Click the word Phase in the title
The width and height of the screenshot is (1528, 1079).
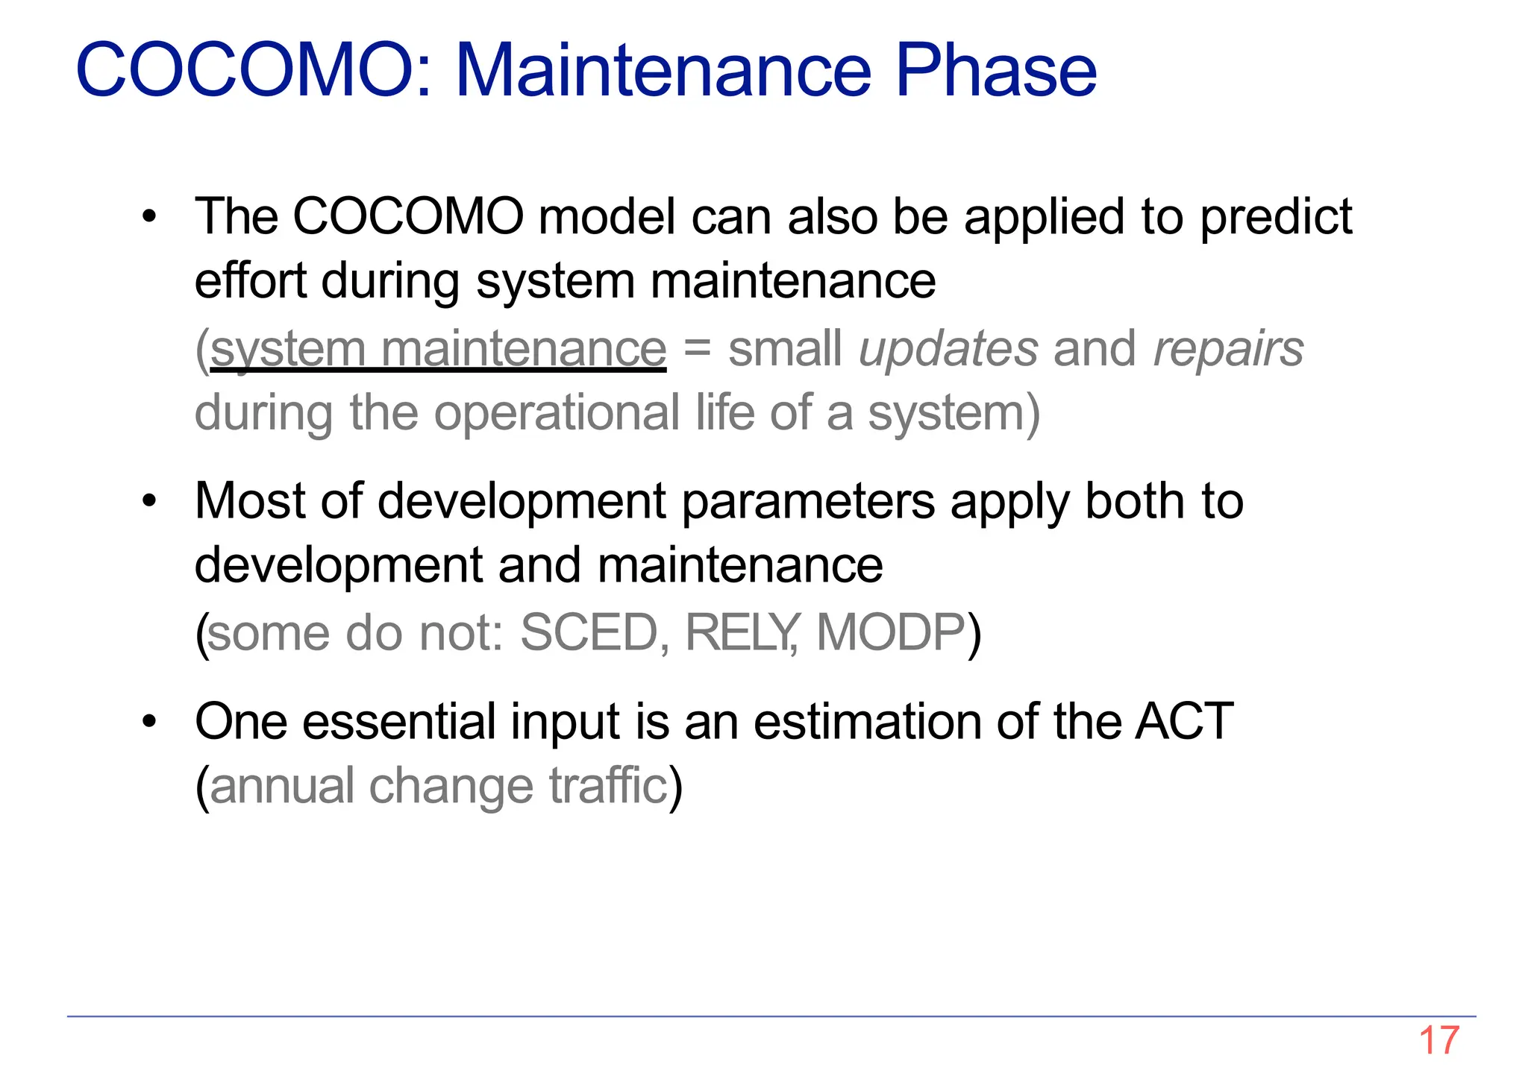[995, 70]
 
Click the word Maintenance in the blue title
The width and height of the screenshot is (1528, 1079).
[663, 70]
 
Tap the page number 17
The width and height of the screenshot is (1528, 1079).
[1438, 1040]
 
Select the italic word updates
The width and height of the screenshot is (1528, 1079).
[948, 349]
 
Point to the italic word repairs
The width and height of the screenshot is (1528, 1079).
[1228, 349]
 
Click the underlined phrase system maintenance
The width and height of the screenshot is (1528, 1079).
[439, 349]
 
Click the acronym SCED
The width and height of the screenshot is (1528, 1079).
[589, 633]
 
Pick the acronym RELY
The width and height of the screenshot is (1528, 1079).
[741, 633]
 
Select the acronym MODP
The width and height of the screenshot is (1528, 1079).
[891, 633]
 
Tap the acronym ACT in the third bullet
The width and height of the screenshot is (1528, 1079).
[1184, 721]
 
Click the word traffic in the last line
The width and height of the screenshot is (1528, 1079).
[608, 786]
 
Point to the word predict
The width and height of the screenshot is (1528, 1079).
[1276, 218]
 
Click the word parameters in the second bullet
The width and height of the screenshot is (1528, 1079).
[808, 501]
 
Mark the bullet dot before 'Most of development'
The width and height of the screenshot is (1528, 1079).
[150, 501]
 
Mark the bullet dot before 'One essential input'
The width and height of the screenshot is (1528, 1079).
[150, 722]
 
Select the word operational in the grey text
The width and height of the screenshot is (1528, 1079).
[557, 413]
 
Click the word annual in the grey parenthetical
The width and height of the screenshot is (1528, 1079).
[282, 786]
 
